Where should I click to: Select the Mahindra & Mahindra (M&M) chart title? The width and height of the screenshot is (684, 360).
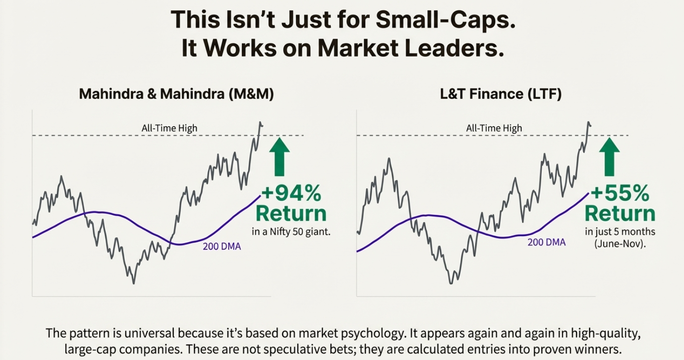(176, 94)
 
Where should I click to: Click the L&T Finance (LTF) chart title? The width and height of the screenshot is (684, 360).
(500, 94)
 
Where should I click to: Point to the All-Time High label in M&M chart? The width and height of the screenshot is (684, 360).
(169, 128)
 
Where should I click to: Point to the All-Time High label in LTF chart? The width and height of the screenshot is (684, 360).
(494, 128)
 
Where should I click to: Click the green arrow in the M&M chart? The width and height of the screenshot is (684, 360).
(280, 157)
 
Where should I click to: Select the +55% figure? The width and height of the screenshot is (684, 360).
(620, 192)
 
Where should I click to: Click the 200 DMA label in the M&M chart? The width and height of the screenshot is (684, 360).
(222, 246)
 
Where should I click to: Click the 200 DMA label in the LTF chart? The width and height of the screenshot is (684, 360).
(546, 242)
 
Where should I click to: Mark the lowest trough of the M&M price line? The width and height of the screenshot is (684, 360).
(134, 283)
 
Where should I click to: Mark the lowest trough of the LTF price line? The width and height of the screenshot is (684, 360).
(451, 283)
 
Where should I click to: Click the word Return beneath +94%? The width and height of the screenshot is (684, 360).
(291, 213)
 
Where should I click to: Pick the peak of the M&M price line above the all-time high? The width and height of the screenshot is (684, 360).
(260, 122)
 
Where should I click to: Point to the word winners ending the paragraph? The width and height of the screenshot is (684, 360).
(604, 350)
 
